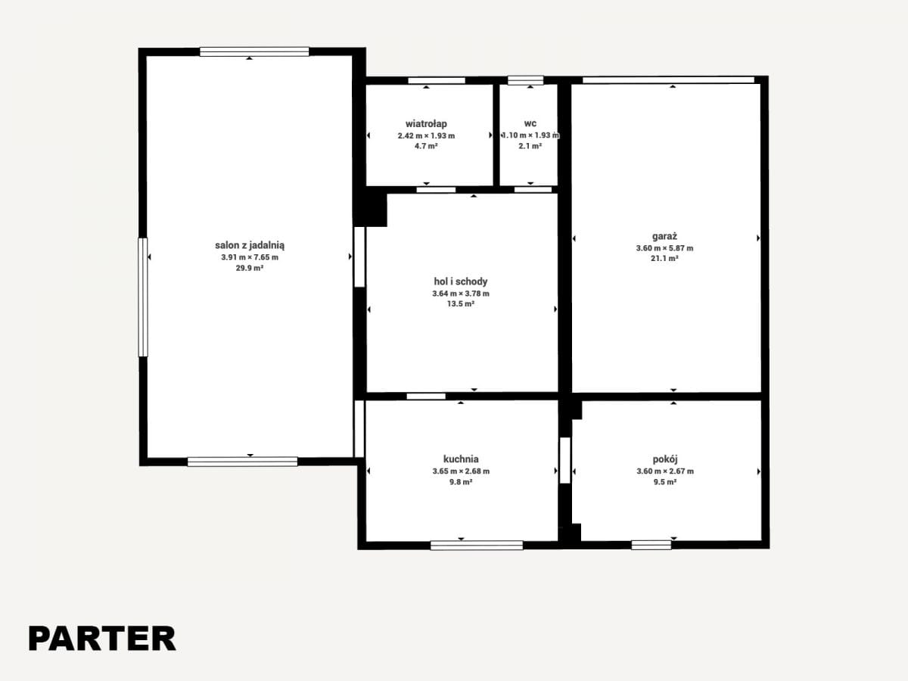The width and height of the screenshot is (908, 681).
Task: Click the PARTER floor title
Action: (x=102, y=639)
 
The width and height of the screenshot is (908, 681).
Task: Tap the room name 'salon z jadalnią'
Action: (x=250, y=245)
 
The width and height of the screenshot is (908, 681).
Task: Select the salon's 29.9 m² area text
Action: (x=250, y=268)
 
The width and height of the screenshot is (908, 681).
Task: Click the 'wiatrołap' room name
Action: (x=426, y=123)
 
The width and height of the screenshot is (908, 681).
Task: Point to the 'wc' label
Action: (x=530, y=123)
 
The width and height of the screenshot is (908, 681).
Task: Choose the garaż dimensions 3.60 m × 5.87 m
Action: (x=664, y=248)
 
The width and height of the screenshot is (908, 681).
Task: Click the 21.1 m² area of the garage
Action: (x=664, y=259)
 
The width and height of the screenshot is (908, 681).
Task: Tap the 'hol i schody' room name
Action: (x=460, y=281)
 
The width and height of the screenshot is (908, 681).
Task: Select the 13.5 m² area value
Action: (x=460, y=304)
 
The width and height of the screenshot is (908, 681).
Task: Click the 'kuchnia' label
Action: (x=461, y=459)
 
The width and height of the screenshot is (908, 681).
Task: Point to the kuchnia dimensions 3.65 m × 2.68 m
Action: (x=461, y=471)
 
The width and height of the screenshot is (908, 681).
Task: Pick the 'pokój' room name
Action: (x=665, y=459)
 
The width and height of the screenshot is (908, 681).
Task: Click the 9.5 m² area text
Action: (x=665, y=482)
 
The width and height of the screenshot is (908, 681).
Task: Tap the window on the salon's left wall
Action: (x=143, y=297)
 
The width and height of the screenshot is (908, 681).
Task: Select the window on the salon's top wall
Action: (x=254, y=51)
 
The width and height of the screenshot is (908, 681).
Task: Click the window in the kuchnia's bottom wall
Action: (x=477, y=546)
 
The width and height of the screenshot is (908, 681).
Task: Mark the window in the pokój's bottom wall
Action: (x=651, y=545)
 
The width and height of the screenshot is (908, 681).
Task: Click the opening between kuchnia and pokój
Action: (x=565, y=460)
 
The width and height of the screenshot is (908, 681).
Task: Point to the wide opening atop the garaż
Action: (x=668, y=79)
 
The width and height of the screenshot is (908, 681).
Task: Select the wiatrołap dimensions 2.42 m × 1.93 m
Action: (x=426, y=135)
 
